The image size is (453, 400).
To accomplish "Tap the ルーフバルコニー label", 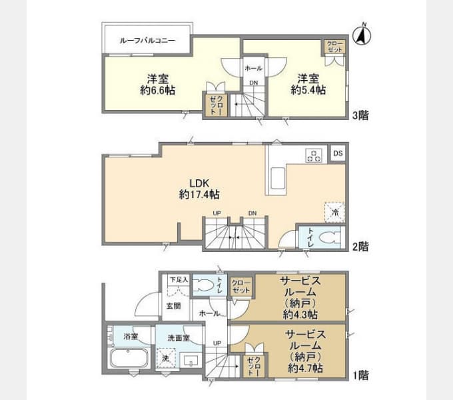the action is (x=147, y=40).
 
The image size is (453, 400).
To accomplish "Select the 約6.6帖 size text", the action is (x=158, y=90).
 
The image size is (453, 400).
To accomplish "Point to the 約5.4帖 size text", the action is (x=308, y=90).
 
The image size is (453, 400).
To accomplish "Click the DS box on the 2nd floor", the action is (x=338, y=153).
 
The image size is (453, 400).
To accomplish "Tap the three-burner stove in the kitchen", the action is (x=314, y=155).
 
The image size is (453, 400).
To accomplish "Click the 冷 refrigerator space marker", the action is (x=334, y=212).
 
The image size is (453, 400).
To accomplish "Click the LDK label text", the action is (x=199, y=183).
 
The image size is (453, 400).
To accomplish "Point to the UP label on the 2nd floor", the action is (x=217, y=213).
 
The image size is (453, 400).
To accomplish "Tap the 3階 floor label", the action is (x=360, y=115).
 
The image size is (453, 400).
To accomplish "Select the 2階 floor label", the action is (x=360, y=247).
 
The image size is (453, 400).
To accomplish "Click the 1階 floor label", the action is (x=361, y=375).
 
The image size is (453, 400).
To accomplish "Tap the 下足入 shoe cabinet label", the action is (x=179, y=279).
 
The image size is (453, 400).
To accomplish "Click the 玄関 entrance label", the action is (x=174, y=306).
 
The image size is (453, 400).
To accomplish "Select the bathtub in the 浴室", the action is (x=129, y=358).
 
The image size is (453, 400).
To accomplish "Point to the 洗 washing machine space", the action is (x=165, y=357).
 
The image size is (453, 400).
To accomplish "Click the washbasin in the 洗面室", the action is (x=191, y=361).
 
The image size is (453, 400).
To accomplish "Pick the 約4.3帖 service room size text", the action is (x=300, y=314).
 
